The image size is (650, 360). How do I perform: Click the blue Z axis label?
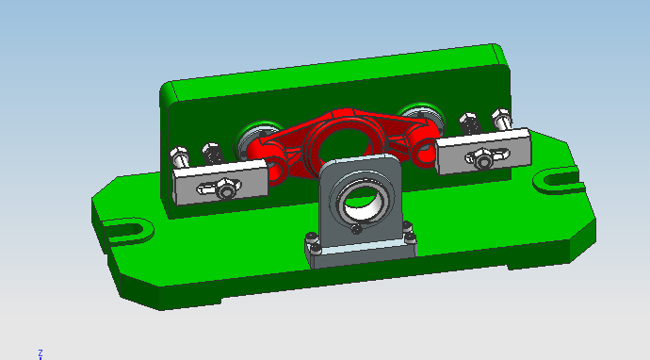coord(41,352)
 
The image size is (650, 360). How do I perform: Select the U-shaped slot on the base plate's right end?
coord(558,176)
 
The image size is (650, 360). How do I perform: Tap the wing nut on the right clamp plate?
coord(482,158)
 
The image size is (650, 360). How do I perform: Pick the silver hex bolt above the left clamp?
coord(178,155)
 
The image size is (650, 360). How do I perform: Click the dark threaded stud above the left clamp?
coord(212,152)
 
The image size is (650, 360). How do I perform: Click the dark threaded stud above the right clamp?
coord(468,123)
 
